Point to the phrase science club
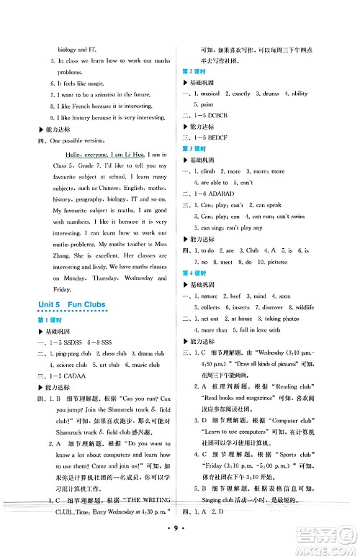pos(71,365)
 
